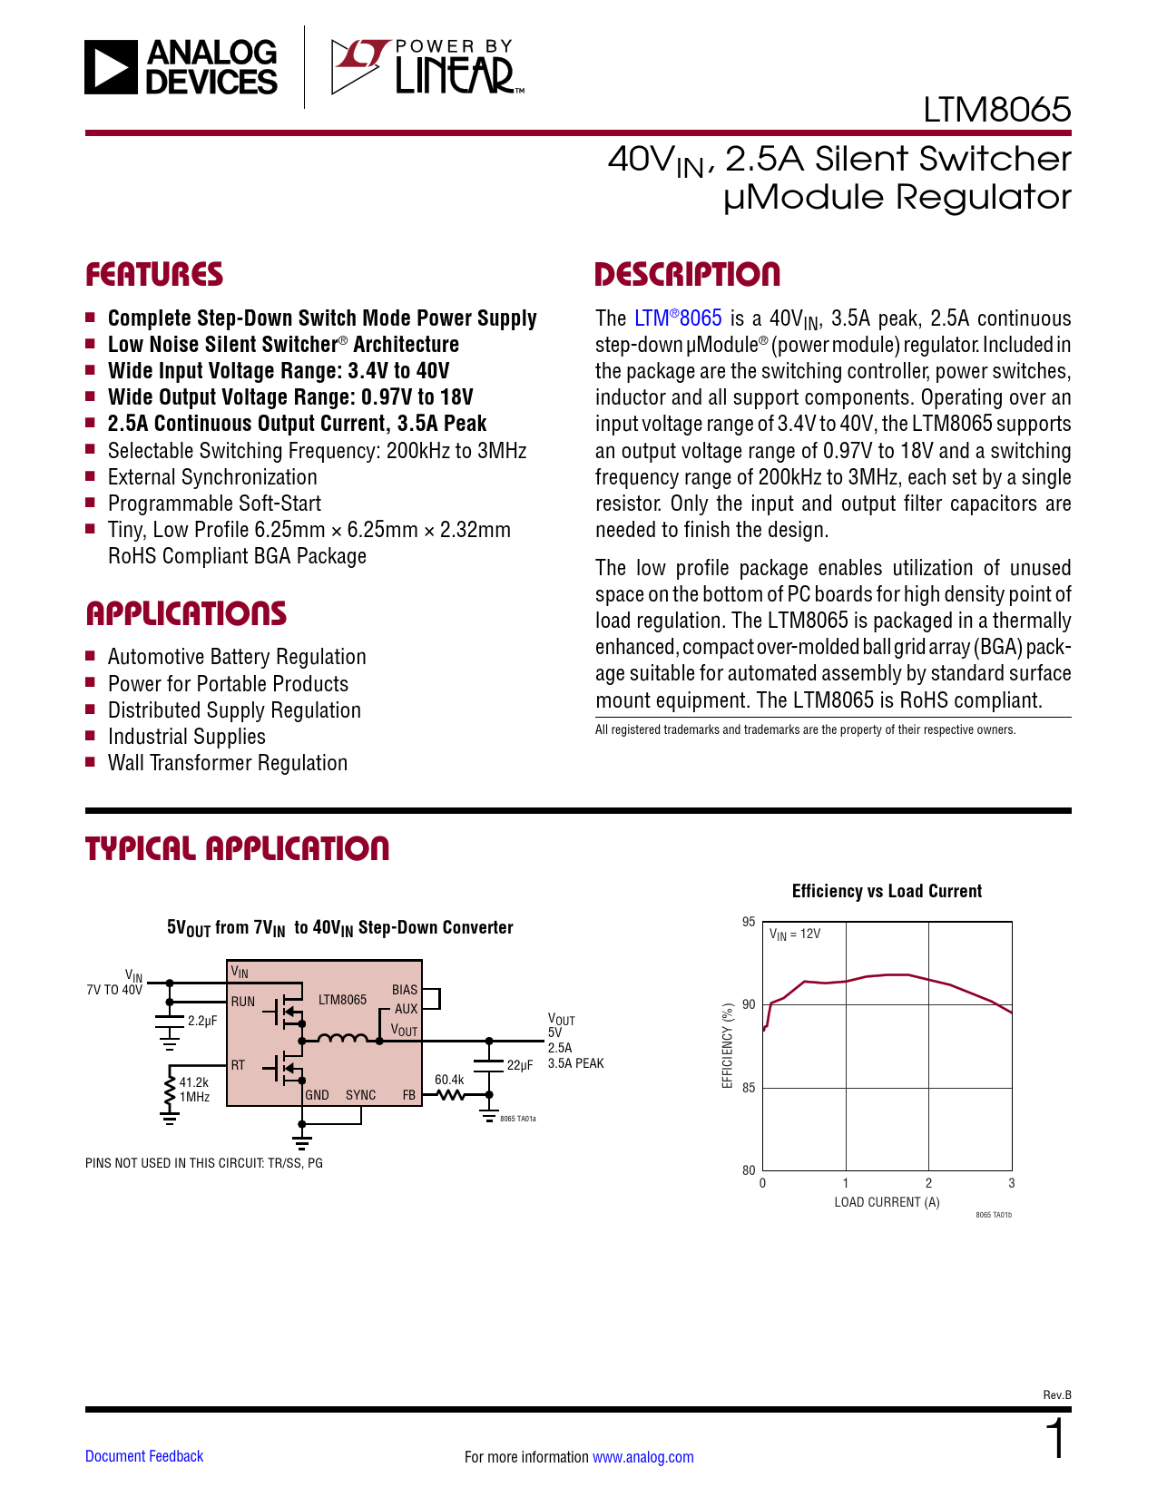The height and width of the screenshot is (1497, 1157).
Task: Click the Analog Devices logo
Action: click(x=181, y=67)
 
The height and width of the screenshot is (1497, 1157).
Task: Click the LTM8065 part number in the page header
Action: click(x=996, y=110)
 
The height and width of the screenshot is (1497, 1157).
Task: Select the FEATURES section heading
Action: click(x=154, y=275)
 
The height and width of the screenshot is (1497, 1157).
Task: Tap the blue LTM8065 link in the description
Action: click(x=678, y=318)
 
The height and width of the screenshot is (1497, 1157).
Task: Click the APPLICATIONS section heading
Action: click(x=186, y=614)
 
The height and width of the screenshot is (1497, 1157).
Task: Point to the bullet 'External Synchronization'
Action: click(x=212, y=477)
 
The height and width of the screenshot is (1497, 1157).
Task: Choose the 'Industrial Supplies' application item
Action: click(x=187, y=737)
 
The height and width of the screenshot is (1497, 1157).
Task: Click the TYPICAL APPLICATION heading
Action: click(x=237, y=849)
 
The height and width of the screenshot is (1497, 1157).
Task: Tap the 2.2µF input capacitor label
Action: click(x=202, y=1021)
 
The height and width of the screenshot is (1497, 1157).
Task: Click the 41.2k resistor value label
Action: click(x=194, y=1082)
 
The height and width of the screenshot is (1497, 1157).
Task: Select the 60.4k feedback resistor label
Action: click(x=449, y=1080)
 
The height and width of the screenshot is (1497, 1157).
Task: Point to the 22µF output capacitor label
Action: click(x=520, y=1065)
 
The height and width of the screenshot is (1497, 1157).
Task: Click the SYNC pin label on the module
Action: click(x=360, y=1095)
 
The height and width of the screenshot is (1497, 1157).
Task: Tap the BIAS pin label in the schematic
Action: click(x=405, y=990)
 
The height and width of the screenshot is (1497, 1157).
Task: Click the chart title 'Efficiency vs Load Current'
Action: click(x=887, y=891)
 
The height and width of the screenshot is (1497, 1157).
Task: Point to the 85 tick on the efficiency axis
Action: click(x=749, y=1088)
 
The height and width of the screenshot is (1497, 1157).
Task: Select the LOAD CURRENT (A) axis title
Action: click(x=887, y=1202)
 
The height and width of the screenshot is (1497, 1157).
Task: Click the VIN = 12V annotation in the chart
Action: click(x=795, y=934)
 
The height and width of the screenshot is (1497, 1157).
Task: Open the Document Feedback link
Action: click(x=144, y=1456)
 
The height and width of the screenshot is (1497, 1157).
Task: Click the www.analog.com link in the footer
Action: click(x=642, y=1457)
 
